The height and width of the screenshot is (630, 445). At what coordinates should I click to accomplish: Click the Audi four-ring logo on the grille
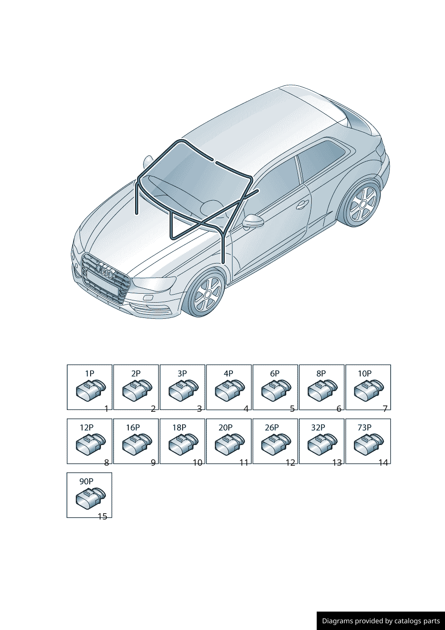(x=105, y=271)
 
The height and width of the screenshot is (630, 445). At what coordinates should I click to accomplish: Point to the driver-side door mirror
(x=253, y=221)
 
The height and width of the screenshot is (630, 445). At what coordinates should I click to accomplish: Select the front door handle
(x=302, y=204)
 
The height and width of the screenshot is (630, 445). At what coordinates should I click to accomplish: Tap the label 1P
(x=90, y=374)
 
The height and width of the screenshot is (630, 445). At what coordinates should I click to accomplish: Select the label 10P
(x=365, y=374)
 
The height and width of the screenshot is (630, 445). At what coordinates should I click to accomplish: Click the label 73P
(x=364, y=427)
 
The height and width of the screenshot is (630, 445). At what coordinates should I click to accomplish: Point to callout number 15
(x=103, y=517)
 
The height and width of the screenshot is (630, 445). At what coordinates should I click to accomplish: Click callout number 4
(x=246, y=409)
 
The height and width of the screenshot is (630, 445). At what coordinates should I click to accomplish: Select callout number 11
(x=244, y=463)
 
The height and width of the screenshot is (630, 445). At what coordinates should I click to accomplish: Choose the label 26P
(x=272, y=427)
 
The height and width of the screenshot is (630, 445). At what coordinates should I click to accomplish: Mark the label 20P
(x=226, y=427)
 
